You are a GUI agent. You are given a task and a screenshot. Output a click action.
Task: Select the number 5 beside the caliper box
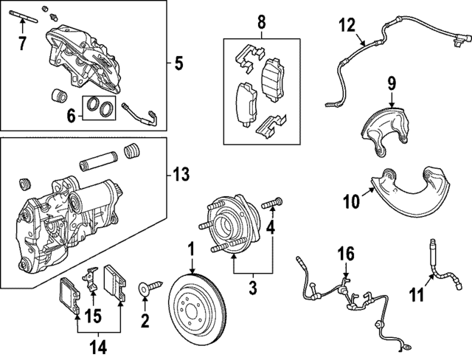click(179, 63)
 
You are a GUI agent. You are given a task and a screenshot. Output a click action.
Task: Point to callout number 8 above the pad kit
click(261, 22)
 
